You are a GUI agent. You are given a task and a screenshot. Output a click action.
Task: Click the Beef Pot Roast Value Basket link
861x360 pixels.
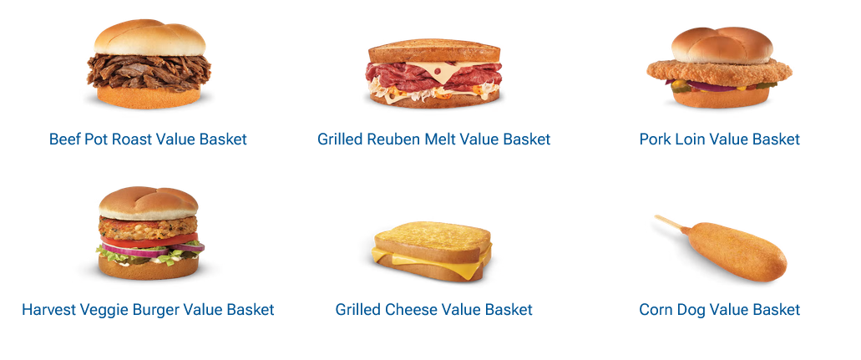pos(148,139)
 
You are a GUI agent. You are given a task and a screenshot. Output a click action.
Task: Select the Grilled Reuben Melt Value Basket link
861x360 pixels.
pos(433,139)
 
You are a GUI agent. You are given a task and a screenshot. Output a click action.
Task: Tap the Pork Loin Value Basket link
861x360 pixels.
pos(719,139)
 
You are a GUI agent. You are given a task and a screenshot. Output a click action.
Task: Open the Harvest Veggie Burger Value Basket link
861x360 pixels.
pos(148,309)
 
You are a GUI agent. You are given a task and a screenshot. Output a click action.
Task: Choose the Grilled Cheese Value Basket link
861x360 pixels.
pos(433,309)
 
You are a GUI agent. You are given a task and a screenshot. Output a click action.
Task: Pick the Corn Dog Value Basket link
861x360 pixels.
pos(719,309)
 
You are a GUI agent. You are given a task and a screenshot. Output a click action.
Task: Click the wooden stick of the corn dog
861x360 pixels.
pos(670,222)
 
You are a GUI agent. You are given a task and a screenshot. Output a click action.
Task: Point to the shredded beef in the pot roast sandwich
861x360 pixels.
pos(149,71)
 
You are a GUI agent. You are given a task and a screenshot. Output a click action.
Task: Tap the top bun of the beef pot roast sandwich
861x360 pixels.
pos(149,38)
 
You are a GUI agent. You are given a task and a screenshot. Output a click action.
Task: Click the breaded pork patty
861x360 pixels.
pos(719,73)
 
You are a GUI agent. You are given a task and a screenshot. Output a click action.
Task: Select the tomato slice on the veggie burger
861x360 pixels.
pos(149,241)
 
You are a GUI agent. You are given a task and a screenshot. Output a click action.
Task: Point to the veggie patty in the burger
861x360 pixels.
pos(148,226)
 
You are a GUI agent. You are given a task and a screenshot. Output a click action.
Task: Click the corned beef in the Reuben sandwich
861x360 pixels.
pos(433,77)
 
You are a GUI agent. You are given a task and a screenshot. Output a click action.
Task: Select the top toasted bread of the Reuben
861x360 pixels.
pos(433,51)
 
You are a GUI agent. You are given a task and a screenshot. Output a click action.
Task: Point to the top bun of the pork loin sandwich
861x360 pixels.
pos(722,45)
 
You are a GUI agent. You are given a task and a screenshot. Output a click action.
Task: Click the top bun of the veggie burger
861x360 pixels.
pos(149,203)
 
